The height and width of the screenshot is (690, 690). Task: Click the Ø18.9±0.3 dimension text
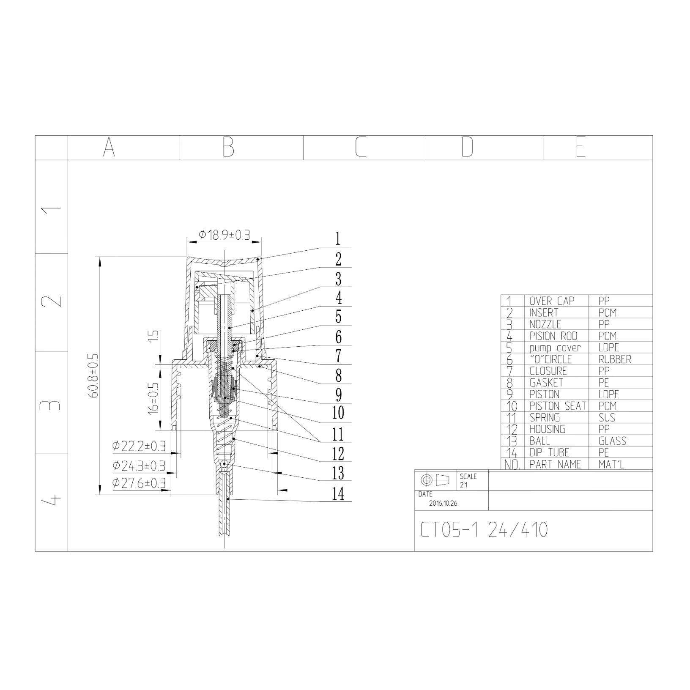click(224, 235)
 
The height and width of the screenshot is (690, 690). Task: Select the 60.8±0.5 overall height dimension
click(94, 376)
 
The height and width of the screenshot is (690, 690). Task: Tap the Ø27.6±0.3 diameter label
click(139, 483)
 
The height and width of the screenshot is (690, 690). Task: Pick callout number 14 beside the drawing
click(338, 493)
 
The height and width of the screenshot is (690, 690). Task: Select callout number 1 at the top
click(338, 239)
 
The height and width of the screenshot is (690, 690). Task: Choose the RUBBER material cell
click(615, 359)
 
